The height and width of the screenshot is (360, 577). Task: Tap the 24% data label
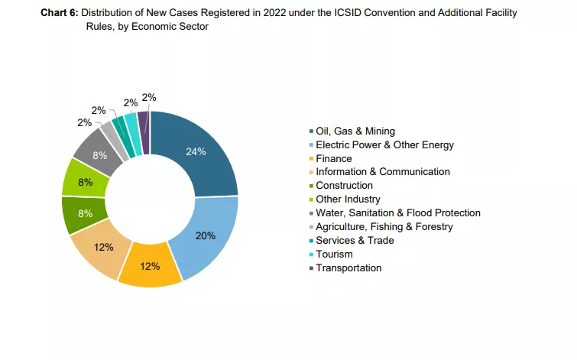pyautogui.click(x=196, y=151)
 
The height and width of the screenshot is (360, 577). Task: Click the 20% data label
pyautogui.click(x=205, y=235)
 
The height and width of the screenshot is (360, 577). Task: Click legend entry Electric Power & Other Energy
pyautogui.click(x=384, y=145)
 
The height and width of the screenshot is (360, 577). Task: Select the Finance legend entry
pyautogui.click(x=333, y=158)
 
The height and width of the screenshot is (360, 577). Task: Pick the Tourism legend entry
pyautogui.click(x=334, y=254)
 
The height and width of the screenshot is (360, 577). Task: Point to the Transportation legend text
pyautogui.click(x=348, y=268)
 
